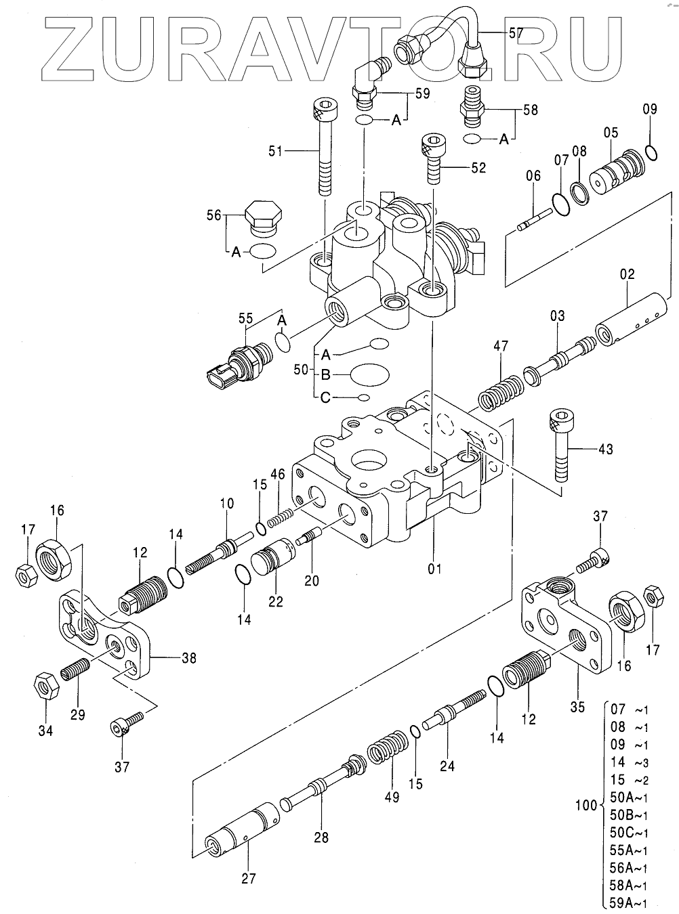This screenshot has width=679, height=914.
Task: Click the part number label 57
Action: [516, 33]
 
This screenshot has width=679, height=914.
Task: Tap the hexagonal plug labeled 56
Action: [263, 219]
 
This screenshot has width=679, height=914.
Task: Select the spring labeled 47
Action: [501, 393]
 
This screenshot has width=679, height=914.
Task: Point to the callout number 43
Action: [605, 449]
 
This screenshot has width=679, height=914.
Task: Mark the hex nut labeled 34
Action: [46, 685]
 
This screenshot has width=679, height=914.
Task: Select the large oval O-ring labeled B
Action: [369, 374]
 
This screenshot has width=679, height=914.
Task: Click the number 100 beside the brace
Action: [586, 805]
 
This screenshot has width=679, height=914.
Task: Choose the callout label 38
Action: [188, 659]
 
